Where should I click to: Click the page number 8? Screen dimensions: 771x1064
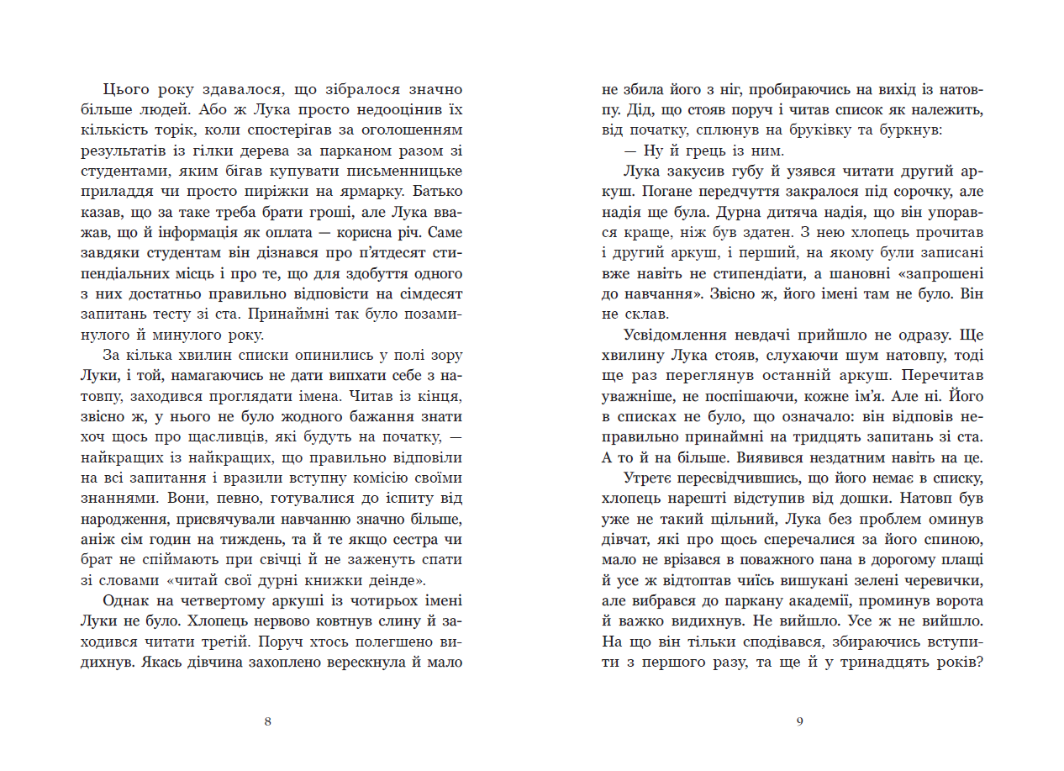coord(267,721)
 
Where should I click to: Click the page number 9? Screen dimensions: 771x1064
coord(799,721)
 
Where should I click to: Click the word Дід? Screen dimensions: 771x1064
coord(639,110)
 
